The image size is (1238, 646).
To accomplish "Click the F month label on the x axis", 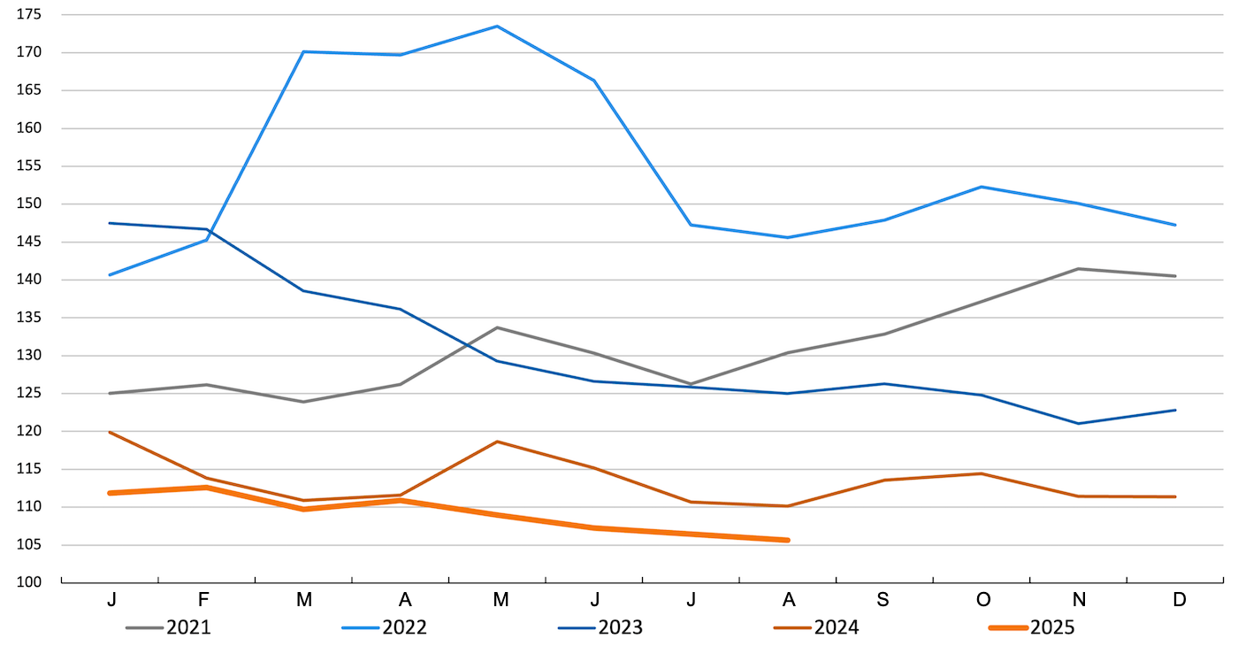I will pos(205,600).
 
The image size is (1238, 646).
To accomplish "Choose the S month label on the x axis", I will pos(883,600).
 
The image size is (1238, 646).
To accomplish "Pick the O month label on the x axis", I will pos(982,600).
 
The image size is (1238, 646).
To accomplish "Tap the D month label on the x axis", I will pos(1179,600).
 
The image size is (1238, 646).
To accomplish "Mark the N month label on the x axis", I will pos(1080,600).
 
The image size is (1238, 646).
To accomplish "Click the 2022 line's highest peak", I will pos(497,27).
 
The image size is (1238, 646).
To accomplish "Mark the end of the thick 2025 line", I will pos(786,540).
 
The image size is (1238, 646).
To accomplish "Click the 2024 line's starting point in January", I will pos(110,432).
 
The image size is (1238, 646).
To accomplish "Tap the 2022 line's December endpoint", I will pos(1175,225).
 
